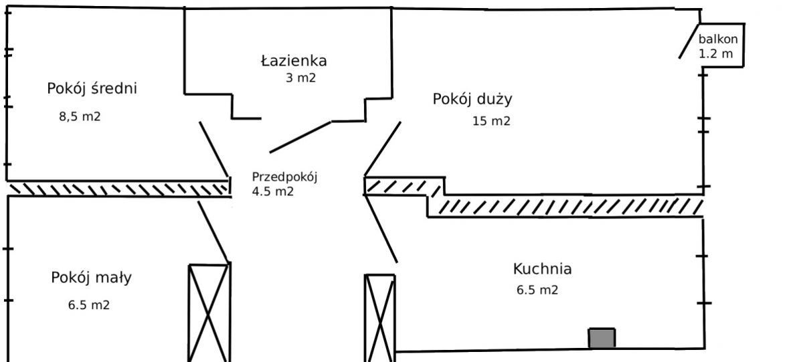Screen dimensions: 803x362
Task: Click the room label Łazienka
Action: pyautogui.click(x=294, y=61)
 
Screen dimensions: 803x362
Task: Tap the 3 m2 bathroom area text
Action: pyautogui.click(x=300, y=78)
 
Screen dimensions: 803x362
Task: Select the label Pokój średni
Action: pyautogui.click(x=92, y=88)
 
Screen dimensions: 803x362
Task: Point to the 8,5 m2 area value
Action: pyautogui.click(x=80, y=116)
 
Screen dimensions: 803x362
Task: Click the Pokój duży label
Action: pyautogui.click(x=472, y=99)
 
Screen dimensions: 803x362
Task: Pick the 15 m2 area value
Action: pyautogui.click(x=491, y=121)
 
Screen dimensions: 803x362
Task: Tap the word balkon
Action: pyautogui.click(x=718, y=39)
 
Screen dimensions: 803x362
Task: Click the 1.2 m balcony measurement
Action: pyautogui.click(x=715, y=54)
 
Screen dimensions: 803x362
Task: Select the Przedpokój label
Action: pyautogui.click(x=284, y=177)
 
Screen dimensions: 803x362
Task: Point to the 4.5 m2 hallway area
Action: pyautogui.click(x=273, y=191)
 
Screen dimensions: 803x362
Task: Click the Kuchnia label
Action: pyautogui.click(x=542, y=269)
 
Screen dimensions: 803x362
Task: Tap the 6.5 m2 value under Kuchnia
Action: pyautogui.click(x=537, y=290)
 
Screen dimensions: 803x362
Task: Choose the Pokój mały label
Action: pyautogui.click(x=92, y=278)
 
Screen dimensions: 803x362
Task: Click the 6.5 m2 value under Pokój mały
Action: pyautogui.click(x=89, y=305)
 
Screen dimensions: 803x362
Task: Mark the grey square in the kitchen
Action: pyautogui.click(x=602, y=338)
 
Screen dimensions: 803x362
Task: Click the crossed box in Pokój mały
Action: pyautogui.click(x=209, y=313)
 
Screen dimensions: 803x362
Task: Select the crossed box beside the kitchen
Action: pyautogui.click(x=380, y=319)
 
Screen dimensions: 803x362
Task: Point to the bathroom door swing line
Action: pyautogui.click(x=300, y=137)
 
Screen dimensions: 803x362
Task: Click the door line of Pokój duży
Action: pyautogui.click(x=383, y=149)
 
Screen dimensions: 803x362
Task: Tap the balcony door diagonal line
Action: pyautogui.click(x=689, y=41)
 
